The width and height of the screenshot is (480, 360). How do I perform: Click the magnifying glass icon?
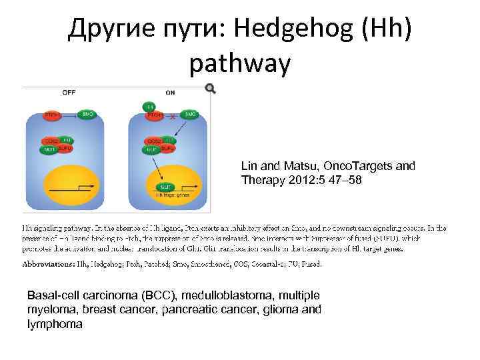coord(211,89)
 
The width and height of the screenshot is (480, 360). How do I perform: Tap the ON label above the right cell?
coord(170,93)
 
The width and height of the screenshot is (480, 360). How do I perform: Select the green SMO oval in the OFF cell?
coord(88,115)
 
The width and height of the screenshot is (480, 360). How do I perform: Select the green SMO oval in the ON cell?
coord(190,115)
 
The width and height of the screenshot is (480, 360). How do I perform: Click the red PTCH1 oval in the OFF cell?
coord(53,115)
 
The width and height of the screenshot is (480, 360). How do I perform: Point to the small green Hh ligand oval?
coord(151,106)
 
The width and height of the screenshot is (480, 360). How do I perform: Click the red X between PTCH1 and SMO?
coord(173,116)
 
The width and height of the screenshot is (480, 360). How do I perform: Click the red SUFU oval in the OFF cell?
coord(65,148)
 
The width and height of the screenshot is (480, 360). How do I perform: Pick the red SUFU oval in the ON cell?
coord(167,148)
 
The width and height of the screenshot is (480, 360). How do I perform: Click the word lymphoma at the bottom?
coord(55,324)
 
